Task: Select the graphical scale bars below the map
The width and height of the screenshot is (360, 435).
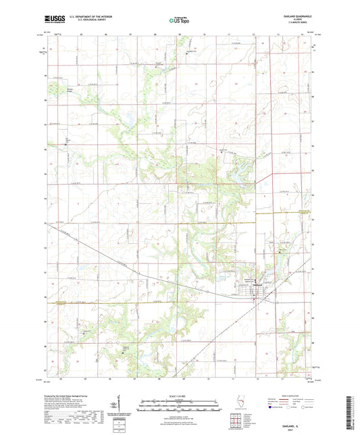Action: (180, 406)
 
